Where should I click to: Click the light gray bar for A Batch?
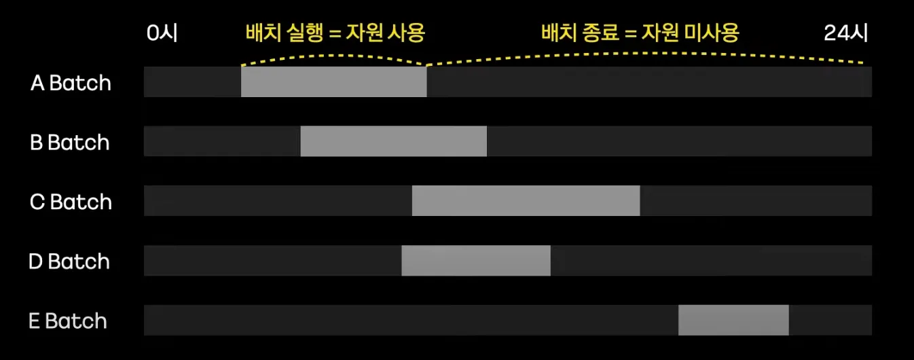tap(333, 82)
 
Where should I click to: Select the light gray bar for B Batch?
tap(393, 141)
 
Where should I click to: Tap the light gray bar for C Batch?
tap(526, 200)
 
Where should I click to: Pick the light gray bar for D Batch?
tap(475, 260)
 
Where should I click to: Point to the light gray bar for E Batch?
tap(733, 320)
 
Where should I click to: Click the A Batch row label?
tap(71, 83)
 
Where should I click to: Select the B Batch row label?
tap(70, 143)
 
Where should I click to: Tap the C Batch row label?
tap(71, 202)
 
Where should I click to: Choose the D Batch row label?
tap(69, 262)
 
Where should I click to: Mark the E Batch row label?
tap(68, 321)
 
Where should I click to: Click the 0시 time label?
tap(162, 33)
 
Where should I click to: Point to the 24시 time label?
tap(845, 33)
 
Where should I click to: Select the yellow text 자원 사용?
tap(386, 33)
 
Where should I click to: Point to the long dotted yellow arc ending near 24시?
tap(645, 52)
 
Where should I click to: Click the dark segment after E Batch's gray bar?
tap(830, 320)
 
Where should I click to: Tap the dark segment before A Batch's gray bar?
tap(192, 82)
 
